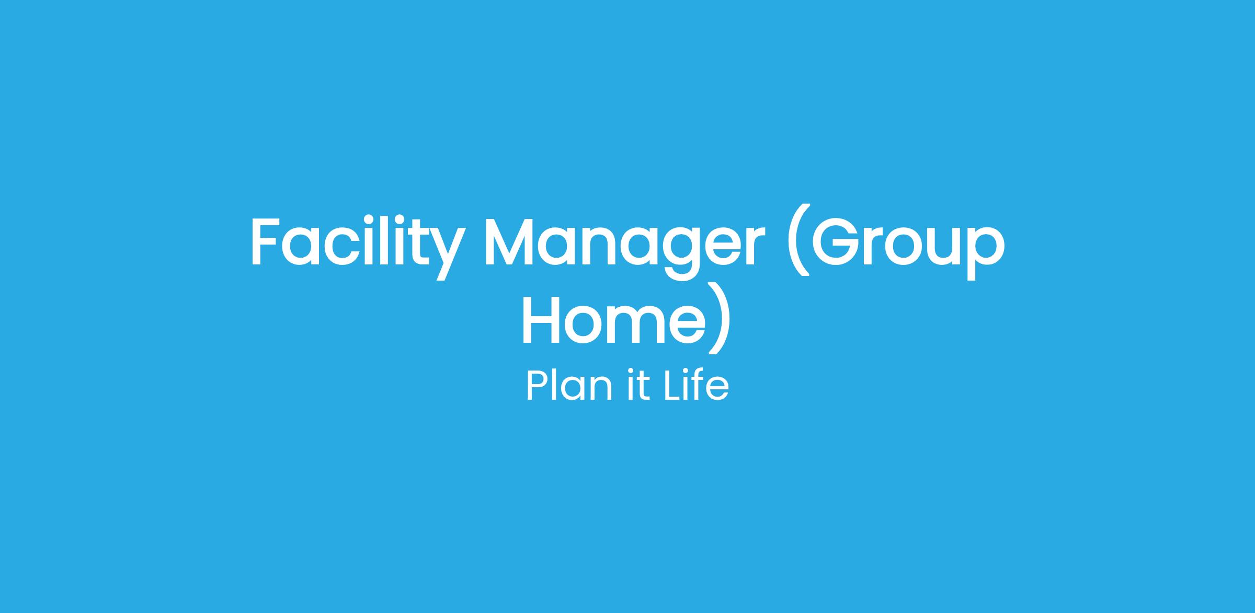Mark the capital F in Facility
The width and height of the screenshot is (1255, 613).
(265, 240)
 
